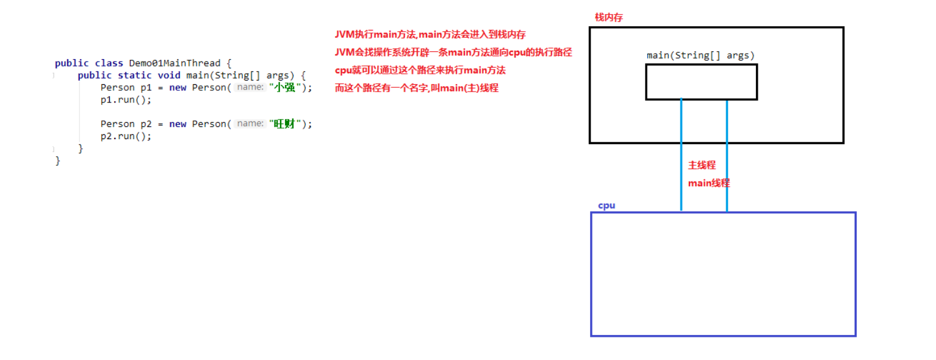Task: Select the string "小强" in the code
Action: [x=286, y=87]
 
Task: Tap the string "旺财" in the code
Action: [x=286, y=124]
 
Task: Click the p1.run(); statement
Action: [x=126, y=99]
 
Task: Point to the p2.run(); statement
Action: [x=126, y=136]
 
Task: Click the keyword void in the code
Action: [x=169, y=75]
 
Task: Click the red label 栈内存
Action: [x=608, y=18]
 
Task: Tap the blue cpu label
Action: [x=607, y=206]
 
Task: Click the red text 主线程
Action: [x=702, y=165]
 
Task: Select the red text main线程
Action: [x=708, y=183]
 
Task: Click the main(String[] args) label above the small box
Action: [x=700, y=56]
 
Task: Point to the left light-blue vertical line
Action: [x=681, y=156]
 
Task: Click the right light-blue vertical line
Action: [x=727, y=156]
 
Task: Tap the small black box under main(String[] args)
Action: [x=701, y=82]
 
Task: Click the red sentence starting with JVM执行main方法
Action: [x=430, y=35]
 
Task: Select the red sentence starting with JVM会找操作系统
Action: [x=453, y=52]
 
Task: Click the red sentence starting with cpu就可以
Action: [x=420, y=70]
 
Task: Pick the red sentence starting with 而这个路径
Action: [x=416, y=88]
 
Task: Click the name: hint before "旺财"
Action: [x=250, y=124]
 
